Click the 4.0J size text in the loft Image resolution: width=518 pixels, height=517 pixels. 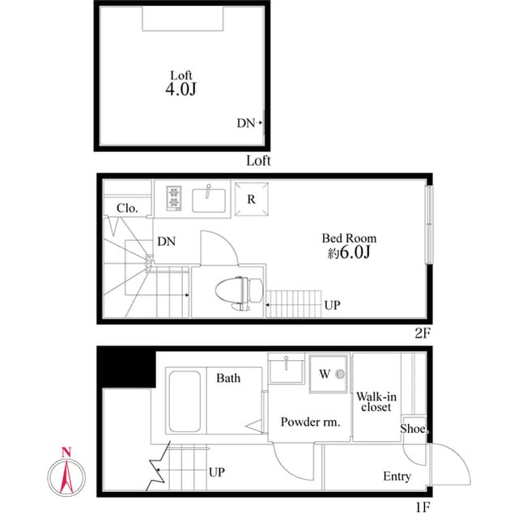coord(180,90)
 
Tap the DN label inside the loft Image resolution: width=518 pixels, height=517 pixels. coord(246,124)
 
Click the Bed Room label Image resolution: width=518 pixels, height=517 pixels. coord(349,238)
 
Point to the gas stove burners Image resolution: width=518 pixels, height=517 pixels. coord(176,197)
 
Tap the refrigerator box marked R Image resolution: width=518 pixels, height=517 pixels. coord(251,198)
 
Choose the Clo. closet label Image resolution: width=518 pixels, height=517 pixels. coord(127,208)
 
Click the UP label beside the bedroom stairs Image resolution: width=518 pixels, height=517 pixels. coord(332,306)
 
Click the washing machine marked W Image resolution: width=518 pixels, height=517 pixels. coord(329,375)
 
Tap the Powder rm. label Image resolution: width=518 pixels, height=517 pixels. coord(310,422)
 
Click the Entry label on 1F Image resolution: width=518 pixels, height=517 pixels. coord(397,477)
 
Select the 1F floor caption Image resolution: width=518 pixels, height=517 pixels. coord(423,508)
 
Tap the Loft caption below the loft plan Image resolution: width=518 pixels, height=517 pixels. coord(258,160)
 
